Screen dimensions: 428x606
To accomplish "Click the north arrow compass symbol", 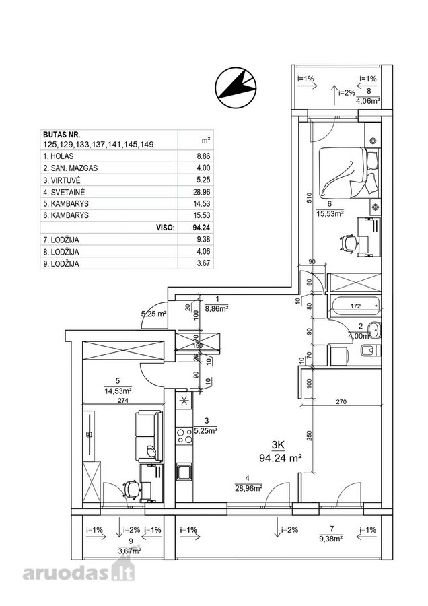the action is tap(236, 87).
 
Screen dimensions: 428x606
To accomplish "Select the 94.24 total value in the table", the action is tap(201, 228).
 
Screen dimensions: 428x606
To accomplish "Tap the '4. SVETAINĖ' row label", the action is tap(64, 192).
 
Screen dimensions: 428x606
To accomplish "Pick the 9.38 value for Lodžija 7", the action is tap(203, 240).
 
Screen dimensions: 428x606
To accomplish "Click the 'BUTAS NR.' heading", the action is tap(61, 135).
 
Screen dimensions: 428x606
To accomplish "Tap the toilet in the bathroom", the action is tap(370, 351).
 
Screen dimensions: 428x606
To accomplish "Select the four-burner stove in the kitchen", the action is tap(184, 436).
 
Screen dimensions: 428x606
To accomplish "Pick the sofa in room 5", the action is tap(149, 437).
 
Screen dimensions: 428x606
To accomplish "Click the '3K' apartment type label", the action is tap(278, 445).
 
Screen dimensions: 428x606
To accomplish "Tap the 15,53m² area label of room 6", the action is tap(330, 213).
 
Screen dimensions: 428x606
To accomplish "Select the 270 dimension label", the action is tap(341, 401).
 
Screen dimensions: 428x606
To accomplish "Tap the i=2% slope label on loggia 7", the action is tap(290, 530).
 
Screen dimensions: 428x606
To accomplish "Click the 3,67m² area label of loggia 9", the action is tap(129, 551).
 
